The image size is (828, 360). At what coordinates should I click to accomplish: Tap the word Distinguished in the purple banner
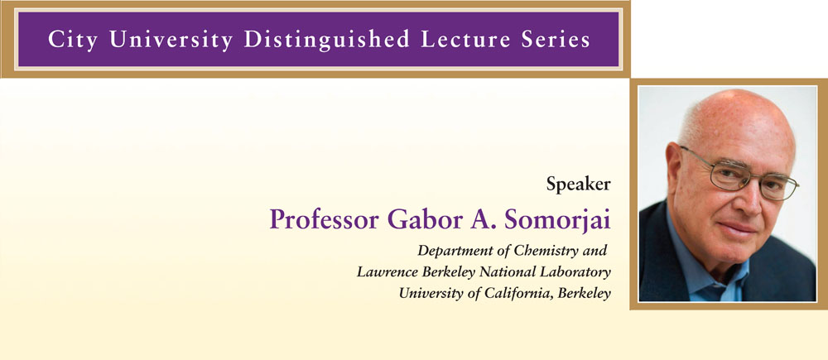pyautogui.click(x=326, y=40)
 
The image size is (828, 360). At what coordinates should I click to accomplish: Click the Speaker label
pyautogui.click(x=578, y=185)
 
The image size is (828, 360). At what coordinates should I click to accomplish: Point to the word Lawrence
pyautogui.click(x=380, y=272)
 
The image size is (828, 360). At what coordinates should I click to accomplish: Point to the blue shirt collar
pyautogui.click(x=702, y=269)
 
